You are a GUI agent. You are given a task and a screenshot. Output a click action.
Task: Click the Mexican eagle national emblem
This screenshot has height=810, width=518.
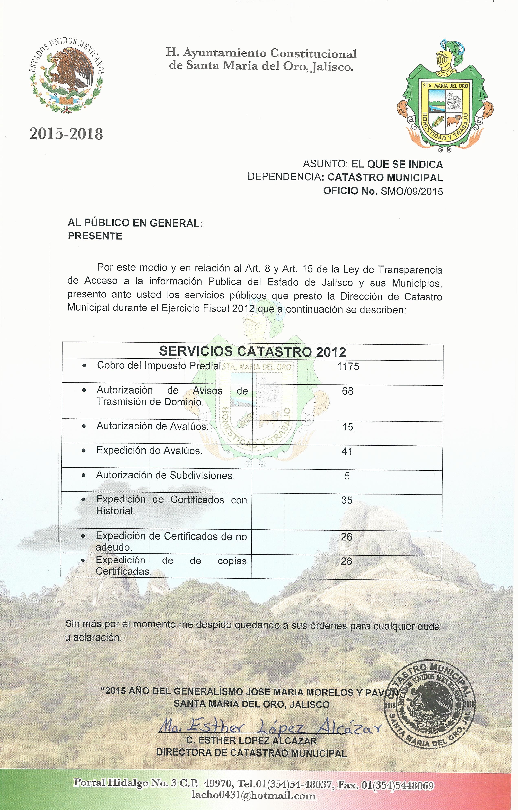(66, 75)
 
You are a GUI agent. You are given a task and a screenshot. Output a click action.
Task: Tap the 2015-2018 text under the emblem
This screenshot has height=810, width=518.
(66, 134)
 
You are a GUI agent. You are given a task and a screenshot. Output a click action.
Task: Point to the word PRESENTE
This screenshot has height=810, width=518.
(95, 236)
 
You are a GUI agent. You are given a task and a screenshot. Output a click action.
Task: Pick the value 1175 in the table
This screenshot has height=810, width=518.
(348, 366)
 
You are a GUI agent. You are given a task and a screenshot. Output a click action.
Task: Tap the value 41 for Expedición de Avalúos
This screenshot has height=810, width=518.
(347, 451)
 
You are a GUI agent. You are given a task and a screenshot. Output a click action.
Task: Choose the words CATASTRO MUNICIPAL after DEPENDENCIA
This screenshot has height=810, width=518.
(385, 177)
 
